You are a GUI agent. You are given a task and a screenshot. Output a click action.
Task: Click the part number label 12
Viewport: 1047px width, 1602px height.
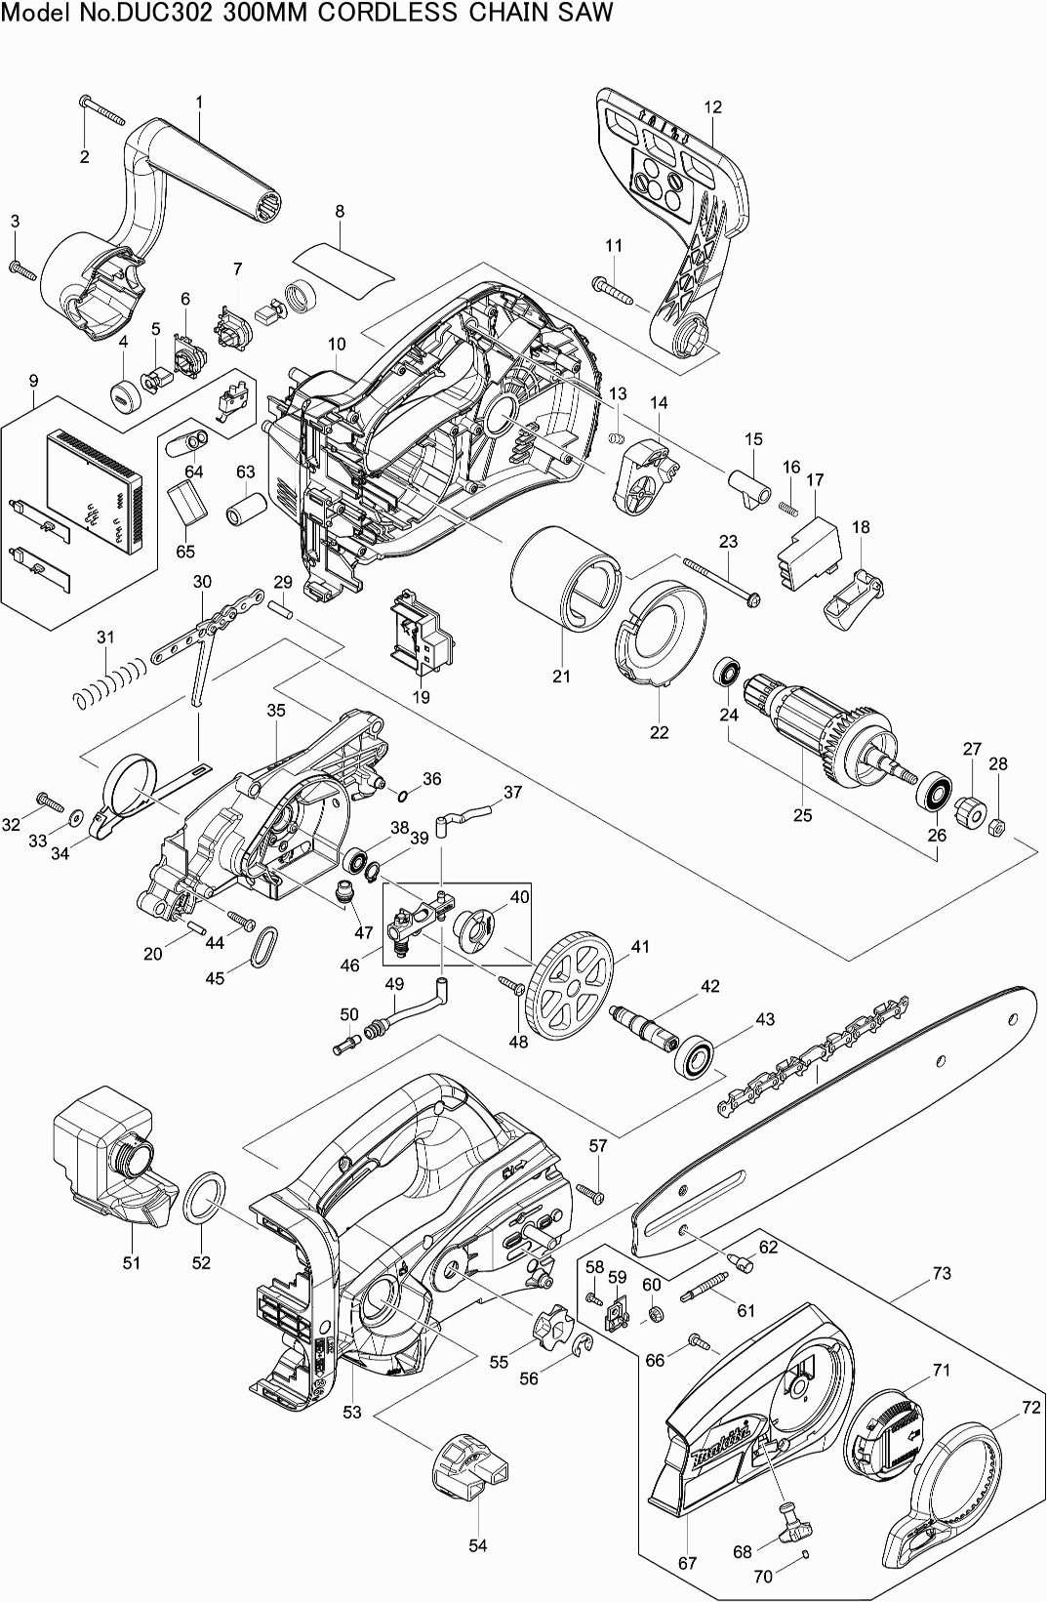coord(712,107)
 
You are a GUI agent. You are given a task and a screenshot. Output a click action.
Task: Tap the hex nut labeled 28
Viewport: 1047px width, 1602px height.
coord(997,827)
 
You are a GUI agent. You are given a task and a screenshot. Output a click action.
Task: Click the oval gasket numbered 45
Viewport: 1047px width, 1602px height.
coord(263,945)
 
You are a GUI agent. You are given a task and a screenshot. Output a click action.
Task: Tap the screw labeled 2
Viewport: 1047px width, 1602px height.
coord(105,113)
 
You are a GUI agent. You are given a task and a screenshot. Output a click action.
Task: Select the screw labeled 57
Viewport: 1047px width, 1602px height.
coord(589,1190)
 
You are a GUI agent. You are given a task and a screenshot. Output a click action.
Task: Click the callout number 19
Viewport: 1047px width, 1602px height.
coord(421,697)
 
